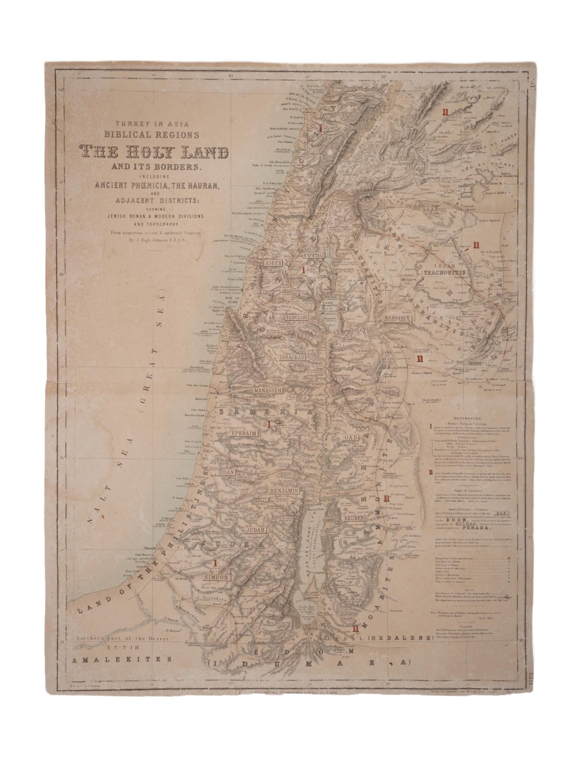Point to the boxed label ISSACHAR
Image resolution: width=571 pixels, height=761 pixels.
pyautogui.click(x=291, y=358)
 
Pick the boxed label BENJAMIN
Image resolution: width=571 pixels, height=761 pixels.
pyautogui.click(x=284, y=491)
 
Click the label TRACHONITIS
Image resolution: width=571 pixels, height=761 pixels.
pyautogui.click(x=447, y=273)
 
